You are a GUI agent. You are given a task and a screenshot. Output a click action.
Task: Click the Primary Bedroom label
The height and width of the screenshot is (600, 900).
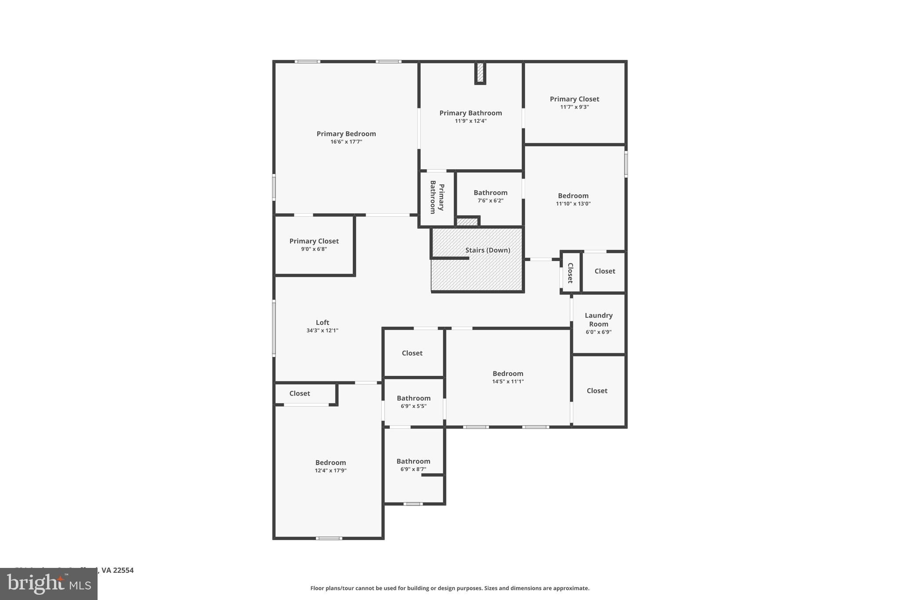(x=346, y=134)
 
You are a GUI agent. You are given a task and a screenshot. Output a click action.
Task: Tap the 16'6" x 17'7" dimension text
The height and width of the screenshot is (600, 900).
(x=346, y=142)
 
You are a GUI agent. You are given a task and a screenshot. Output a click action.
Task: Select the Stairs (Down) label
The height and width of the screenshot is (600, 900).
(x=487, y=250)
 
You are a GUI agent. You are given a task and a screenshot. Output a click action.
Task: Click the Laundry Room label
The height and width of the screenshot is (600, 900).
(x=599, y=320)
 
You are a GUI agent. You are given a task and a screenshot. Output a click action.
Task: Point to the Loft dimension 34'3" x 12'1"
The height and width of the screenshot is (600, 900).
(x=322, y=331)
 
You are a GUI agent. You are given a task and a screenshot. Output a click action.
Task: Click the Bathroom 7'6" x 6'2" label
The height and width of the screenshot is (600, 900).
(x=490, y=193)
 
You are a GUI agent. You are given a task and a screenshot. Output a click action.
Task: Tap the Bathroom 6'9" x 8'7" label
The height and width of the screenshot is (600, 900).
(x=413, y=461)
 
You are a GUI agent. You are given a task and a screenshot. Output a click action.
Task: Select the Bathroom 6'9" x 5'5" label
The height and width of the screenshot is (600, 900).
(x=414, y=398)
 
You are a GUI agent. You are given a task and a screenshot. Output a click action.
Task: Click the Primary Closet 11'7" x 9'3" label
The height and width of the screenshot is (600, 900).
(x=574, y=99)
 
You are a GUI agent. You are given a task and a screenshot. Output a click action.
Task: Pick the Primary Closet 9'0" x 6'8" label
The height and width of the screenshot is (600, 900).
(x=314, y=241)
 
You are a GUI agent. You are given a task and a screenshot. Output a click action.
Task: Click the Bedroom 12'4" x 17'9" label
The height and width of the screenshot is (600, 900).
(x=330, y=462)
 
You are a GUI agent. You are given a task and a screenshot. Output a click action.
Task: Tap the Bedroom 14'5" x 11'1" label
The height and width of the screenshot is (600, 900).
(x=508, y=374)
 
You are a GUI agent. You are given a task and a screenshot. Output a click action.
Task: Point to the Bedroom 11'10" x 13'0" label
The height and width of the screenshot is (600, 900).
(x=573, y=196)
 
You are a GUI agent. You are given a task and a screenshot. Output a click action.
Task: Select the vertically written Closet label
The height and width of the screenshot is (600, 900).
(x=570, y=273)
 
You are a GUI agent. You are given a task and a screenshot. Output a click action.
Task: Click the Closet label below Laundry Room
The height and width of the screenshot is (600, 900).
(x=597, y=391)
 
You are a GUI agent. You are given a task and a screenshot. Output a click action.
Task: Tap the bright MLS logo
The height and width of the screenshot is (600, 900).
(x=49, y=584)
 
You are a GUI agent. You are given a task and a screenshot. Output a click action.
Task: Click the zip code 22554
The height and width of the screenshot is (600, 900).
(x=123, y=570)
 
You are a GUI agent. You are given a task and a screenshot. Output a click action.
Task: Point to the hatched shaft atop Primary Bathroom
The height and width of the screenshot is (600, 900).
(x=480, y=73)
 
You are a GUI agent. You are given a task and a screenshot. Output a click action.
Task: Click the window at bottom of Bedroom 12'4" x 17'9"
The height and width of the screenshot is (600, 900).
(x=329, y=538)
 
